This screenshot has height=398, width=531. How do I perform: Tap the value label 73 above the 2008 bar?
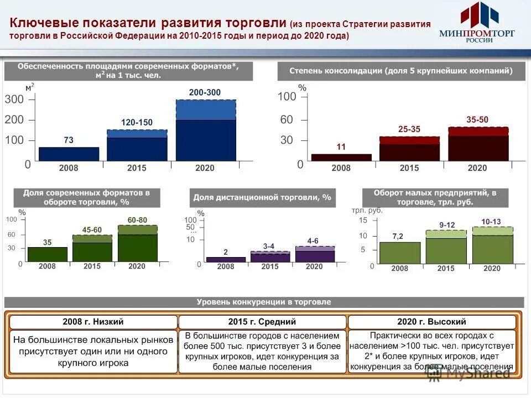tap(69, 140)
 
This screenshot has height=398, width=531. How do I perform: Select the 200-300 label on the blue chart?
tap(205, 92)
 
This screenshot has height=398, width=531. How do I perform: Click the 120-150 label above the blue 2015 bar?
tap(137, 122)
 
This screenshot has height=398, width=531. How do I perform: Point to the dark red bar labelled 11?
tap(341, 158)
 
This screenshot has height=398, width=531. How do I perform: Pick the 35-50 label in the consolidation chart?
tap(477, 119)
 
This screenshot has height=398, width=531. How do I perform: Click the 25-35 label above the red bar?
tap(409, 129)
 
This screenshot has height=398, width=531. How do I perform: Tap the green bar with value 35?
tap(48, 254)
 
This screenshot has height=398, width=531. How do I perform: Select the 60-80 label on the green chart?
tap(137, 220)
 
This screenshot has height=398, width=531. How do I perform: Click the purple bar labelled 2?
tap(226, 259)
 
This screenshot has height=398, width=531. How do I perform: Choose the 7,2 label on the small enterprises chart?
tap(398, 236)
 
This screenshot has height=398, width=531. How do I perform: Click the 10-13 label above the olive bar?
tap(492, 222)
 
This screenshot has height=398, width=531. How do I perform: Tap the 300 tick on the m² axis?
tap(14, 99)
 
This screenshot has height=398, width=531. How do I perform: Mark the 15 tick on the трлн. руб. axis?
tap(363, 221)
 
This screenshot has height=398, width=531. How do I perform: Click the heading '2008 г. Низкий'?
tap(93, 322)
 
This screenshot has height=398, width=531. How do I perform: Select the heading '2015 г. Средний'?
tap(262, 322)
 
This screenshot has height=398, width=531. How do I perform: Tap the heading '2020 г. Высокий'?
tap(431, 322)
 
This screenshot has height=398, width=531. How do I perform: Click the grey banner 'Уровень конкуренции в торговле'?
tap(264, 302)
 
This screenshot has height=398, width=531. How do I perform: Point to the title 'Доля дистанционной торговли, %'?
tap(263, 197)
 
